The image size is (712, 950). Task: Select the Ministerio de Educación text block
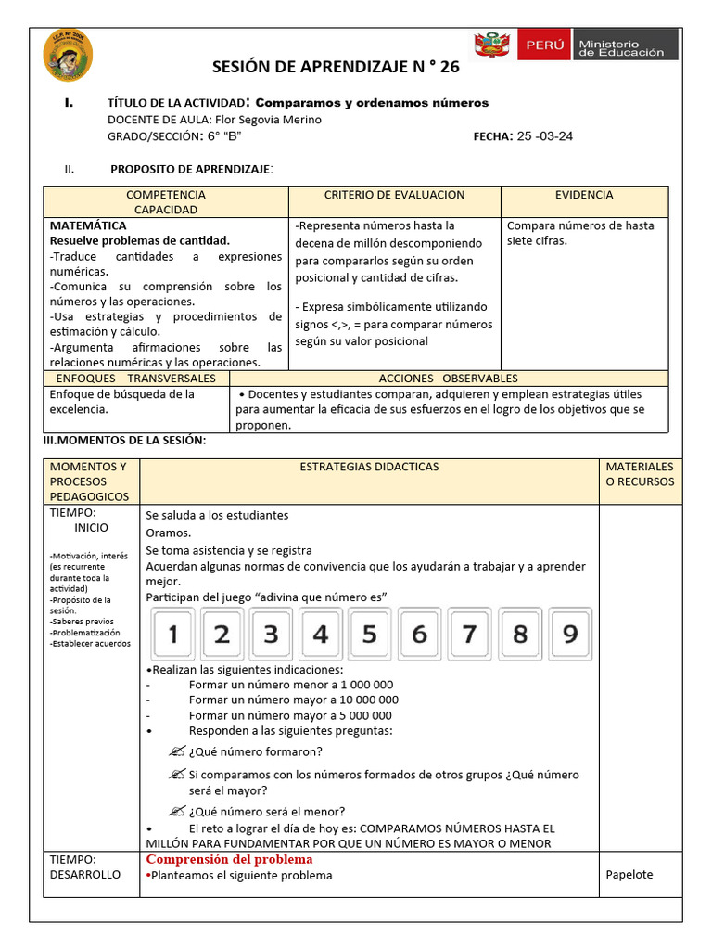pyautogui.click(x=621, y=46)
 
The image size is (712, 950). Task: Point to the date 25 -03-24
pyautogui.click(x=545, y=136)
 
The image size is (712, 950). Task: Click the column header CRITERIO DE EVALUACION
pyautogui.click(x=394, y=195)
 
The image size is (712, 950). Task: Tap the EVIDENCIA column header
pyautogui.click(x=584, y=195)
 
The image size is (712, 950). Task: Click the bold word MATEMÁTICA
pyautogui.click(x=88, y=225)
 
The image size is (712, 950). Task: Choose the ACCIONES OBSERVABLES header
pyautogui.click(x=449, y=379)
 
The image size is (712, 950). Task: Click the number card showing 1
pyautogui.click(x=172, y=635)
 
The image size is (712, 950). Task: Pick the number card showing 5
pyautogui.click(x=369, y=635)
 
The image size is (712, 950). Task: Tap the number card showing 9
pyautogui.click(x=569, y=635)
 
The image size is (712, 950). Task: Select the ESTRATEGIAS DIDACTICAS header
pyautogui.click(x=369, y=467)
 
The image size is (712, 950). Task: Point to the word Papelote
pyautogui.click(x=629, y=875)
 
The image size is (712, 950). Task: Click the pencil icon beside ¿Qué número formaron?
pyautogui.click(x=177, y=751)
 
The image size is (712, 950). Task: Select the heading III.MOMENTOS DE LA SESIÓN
pyautogui.click(x=125, y=440)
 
